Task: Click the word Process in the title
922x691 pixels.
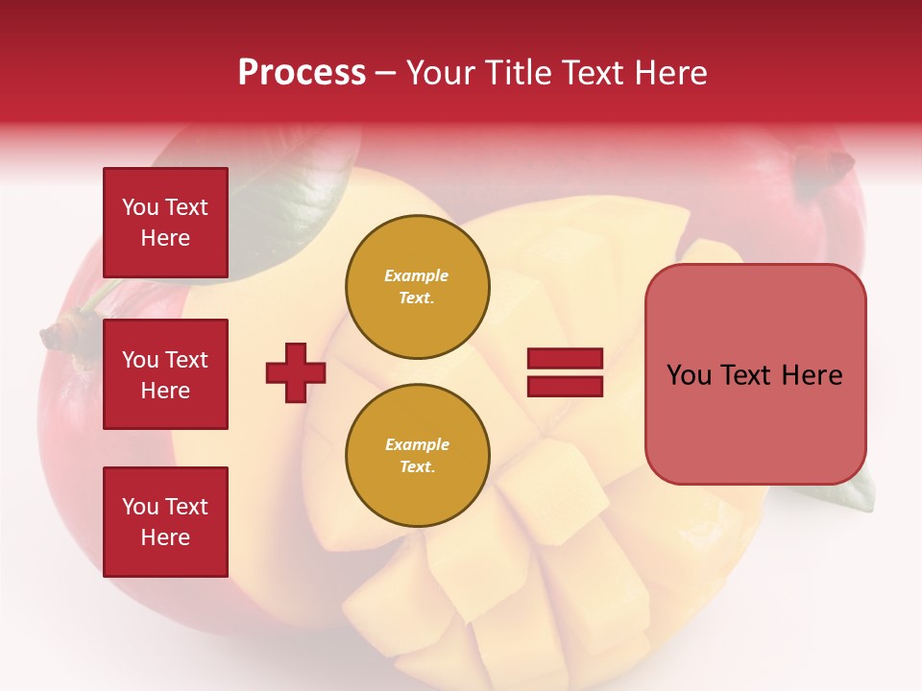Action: [x=302, y=72]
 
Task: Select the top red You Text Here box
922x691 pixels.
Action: [x=165, y=223]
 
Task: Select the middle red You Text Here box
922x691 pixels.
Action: [x=165, y=374]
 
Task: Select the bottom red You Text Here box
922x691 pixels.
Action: [x=165, y=522]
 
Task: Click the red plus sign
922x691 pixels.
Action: [x=296, y=371]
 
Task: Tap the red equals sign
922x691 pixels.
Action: [x=565, y=372]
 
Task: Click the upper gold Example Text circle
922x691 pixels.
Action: [x=417, y=286]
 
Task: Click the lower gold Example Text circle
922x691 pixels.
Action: [x=417, y=455]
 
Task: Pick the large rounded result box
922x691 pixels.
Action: [x=755, y=374]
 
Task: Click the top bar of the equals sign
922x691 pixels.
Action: [x=565, y=359]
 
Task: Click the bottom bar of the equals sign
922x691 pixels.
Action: [x=565, y=386]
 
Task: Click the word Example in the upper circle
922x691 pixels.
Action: [x=417, y=275]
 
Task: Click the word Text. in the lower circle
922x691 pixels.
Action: [x=417, y=466]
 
